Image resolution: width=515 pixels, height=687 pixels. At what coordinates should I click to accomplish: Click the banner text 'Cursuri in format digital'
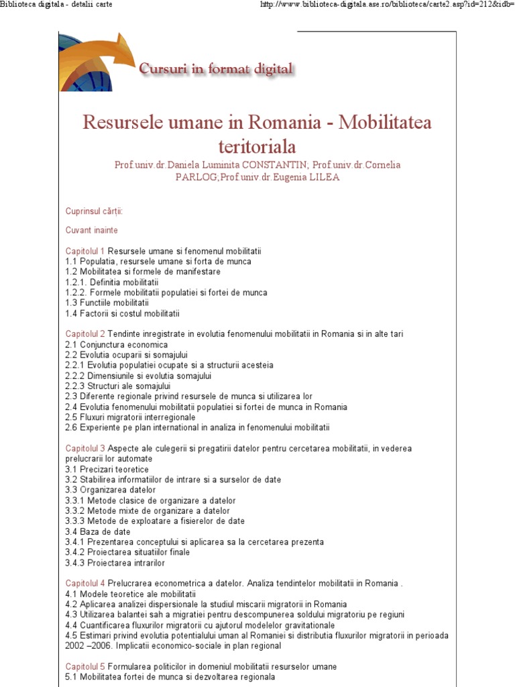pyautogui.click(x=215, y=68)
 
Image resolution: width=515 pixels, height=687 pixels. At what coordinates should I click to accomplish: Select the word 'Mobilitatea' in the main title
pyautogui.click(x=386, y=123)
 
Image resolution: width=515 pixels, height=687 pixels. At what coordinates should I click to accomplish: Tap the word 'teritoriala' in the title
pyautogui.click(x=257, y=146)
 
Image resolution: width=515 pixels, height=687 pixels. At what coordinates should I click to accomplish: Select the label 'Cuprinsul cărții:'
pyautogui.click(x=94, y=211)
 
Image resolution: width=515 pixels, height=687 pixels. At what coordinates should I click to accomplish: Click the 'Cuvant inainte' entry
pyautogui.click(x=91, y=230)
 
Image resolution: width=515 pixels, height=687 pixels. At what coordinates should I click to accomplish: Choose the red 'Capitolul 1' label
pyautogui.click(x=85, y=251)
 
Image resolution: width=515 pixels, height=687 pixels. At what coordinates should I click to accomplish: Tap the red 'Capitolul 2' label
pyautogui.click(x=85, y=333)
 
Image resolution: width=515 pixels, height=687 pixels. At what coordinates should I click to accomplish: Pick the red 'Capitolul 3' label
pyautogui.click(x=85, y=448)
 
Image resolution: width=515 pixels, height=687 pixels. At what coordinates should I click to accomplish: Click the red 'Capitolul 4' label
pyautogui.click(x=85, y=583)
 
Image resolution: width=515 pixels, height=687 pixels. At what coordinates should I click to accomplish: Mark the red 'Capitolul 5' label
pyautogui.click(x=85, y=666)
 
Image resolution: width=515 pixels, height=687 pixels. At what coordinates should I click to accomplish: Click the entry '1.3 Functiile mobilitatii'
pyautogui.click(x=107, y=303)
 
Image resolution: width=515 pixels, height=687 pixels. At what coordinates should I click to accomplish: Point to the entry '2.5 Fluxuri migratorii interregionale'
pyautogui.click(x=130, y=417)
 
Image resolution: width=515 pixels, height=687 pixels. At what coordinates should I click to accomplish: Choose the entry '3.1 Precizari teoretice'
pyautogui.click(x=107, y=469)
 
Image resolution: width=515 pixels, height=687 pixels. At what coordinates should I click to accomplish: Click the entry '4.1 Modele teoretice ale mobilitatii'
pyautogui.click(x=130, y=594)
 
